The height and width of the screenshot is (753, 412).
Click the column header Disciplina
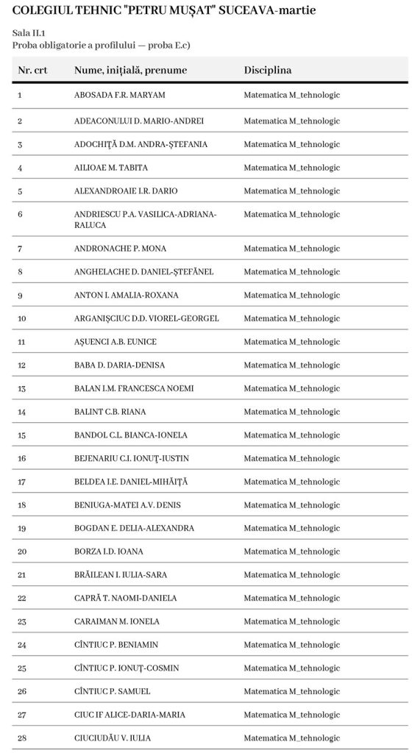click(268, 71)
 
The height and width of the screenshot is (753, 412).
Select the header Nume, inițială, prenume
click(130, 71)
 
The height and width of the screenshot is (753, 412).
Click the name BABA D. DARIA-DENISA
click(119, 365)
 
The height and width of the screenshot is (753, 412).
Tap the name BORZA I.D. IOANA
click(109, 552)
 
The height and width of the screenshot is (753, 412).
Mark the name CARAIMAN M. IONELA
click(117, 621)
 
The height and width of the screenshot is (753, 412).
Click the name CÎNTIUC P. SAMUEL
click(113, 691)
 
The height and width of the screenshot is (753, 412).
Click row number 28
click(22, 738)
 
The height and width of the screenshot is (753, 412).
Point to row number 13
click(21, 389)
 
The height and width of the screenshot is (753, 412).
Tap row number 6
click(20, 214)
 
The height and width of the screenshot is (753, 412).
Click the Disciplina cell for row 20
click(292, 552)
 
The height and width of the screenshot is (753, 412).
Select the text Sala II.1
click(27, 33)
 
